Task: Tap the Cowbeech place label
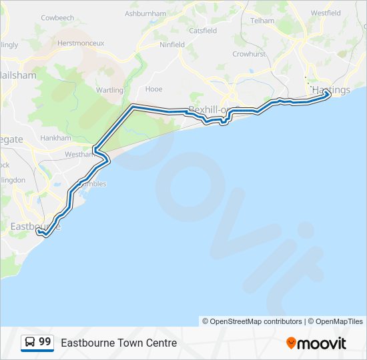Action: point(59,17)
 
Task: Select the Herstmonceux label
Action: point(81,43)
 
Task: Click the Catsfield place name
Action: point(203,31)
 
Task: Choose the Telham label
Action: point(262,21)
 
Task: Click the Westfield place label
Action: point(326,13)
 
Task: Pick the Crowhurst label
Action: point(249,54)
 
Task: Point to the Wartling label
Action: point(109,90)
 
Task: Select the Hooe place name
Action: point(153,89)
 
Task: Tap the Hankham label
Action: point(55,138)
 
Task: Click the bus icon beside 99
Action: point(30,343)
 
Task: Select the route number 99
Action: point(45,342)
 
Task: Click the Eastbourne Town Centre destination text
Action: point(119,343)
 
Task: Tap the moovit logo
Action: point(316,343)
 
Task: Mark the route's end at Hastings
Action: point(328,95)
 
